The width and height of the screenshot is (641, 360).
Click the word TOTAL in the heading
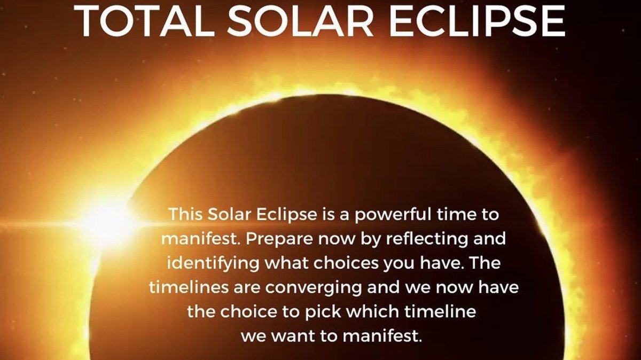[x=141, y=21]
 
